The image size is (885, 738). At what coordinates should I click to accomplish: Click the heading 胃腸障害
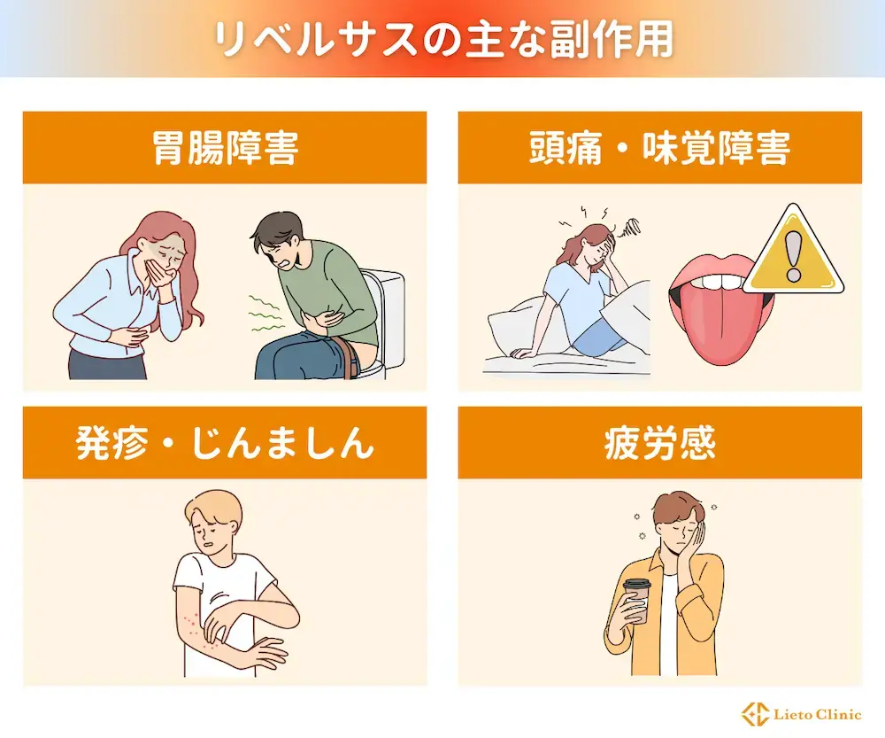tap(224, 148)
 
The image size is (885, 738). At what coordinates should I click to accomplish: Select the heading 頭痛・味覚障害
tap(659, 148)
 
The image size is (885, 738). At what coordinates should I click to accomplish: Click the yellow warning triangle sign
tap(792, 257)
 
